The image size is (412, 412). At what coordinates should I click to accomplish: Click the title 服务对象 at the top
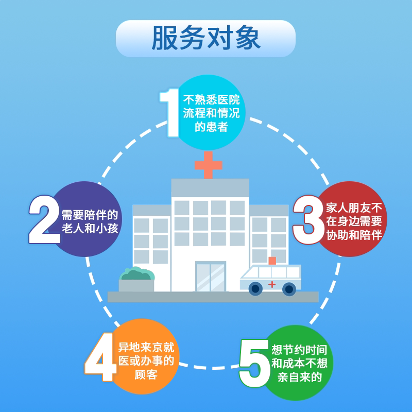[x=205, y=39]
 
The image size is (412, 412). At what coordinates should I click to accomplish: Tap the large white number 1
[x=170, y=112]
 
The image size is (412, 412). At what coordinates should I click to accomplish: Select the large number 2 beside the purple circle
[x=44, y=219]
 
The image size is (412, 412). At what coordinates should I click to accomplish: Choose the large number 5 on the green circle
[x=254, y=363]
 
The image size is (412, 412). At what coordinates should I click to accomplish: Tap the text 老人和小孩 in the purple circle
[x=90, y=228]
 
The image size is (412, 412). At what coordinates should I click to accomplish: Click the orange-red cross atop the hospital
[x=208, y=165]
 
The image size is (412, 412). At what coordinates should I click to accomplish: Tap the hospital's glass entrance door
[x=210, y=277]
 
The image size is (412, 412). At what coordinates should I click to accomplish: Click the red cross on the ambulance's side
[x=272, y=284]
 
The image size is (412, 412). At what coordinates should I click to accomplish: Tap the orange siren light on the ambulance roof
[x=272, y=261]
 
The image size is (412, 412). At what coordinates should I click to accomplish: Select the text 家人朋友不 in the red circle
[x=354, y=208]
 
